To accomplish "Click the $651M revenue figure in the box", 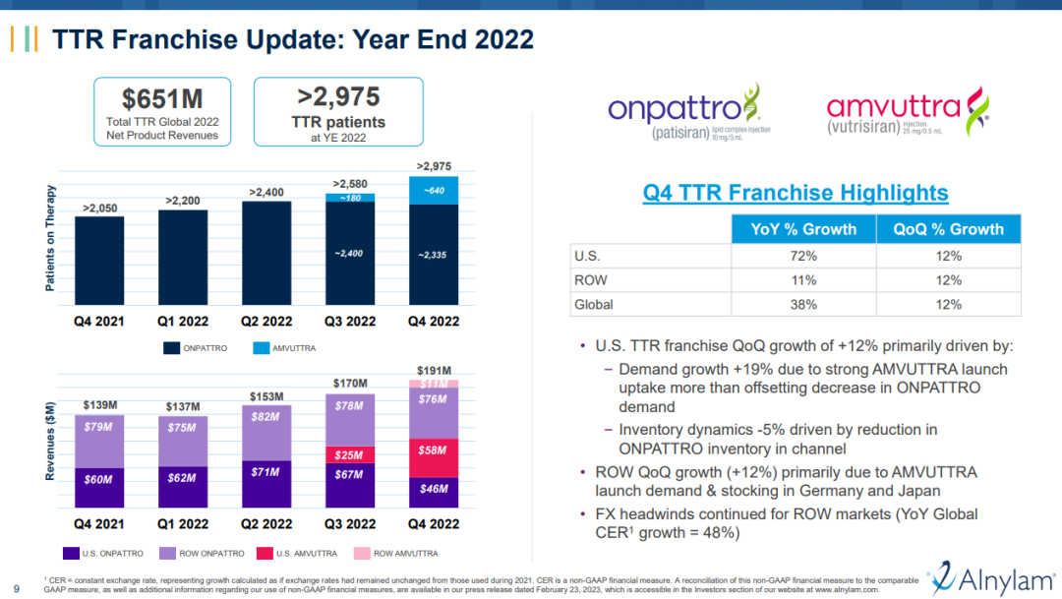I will [x=162, y=98].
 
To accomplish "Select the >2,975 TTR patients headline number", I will [x=339, y=96].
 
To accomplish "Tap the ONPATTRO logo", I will [x=689, y=116].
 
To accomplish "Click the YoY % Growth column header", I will [x=802, y=229].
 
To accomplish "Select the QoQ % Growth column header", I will [x=948, y=229].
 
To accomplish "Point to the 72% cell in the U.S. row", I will [x=802, y=256].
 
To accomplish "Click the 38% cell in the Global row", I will [x=802, y=305].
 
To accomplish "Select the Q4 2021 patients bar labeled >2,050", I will [x=99, y=261].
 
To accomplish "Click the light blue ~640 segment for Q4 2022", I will [x=433, y=190].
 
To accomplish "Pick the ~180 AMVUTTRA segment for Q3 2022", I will [x=349, y=198].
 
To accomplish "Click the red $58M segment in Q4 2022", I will [x=433, y=458].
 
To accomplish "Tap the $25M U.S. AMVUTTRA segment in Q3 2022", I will [x=349, y=455].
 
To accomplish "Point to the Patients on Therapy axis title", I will [x=50, y=238].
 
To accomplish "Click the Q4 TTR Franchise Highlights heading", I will [x=796, y=193].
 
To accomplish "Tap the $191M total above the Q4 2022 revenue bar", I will [x=433, y=370].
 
